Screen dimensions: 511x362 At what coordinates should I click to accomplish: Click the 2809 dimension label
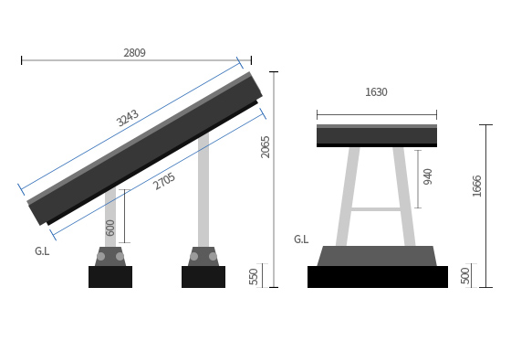click(134, 52)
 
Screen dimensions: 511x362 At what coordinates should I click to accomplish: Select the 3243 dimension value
click(128, 118)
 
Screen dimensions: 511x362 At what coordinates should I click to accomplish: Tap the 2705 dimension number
click(164, 181)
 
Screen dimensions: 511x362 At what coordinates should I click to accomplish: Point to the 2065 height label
click(266, 147)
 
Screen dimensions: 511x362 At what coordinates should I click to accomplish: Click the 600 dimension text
click(110, 228)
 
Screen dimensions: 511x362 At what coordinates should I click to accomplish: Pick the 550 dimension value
click(254, 277)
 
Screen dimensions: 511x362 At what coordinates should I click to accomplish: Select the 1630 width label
click(376, 92)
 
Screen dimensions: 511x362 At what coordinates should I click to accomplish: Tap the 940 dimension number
click(428, 176)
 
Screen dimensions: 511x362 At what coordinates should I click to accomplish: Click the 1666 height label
click(476, 186)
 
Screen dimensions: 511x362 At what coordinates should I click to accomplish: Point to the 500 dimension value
click(465, 276)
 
